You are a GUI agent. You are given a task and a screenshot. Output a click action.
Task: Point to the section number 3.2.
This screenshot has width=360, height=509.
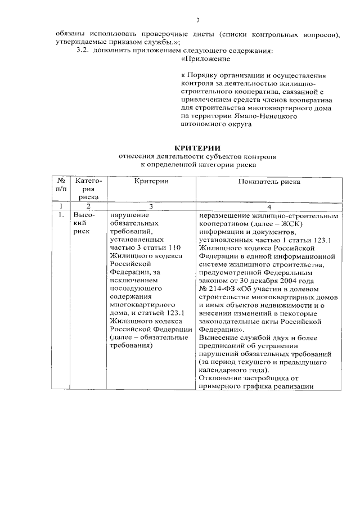click(83, 51)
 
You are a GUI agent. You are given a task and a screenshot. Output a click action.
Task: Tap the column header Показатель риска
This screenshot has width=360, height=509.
click(269, 182)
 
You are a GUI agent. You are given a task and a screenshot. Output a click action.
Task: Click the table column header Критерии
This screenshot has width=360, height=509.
click(151, 182)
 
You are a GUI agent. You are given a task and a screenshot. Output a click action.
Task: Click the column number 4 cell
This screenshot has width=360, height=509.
click(269, 206)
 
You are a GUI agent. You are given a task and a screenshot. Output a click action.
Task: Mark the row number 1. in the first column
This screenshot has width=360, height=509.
click(60, 215)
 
